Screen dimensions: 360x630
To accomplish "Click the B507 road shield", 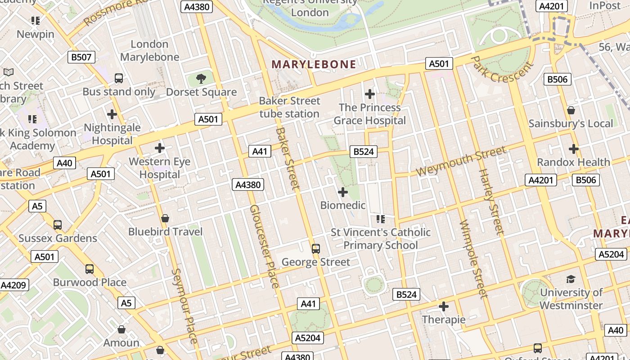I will (x=81, y=57).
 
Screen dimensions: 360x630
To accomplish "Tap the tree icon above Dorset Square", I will (x=201, y=79).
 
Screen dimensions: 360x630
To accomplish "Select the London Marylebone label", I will (x=149, y=50).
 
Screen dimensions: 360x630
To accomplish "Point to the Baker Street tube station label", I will (x=289, y=107).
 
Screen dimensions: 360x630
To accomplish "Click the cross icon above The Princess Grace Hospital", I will (x=370, y=94).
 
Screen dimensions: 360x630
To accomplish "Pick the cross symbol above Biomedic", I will (x=343, y=192).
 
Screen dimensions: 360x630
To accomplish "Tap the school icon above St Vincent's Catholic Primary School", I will (x=381, y=219).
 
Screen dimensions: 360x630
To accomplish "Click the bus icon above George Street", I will (x=316, y=248).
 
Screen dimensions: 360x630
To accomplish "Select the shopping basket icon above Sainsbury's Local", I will (x=571, y=110).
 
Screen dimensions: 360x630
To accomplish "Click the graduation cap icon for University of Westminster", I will (x=571, y=279).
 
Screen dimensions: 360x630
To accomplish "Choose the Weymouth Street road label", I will (x=461, y=161).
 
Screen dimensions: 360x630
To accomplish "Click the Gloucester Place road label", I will (x=264, y=246).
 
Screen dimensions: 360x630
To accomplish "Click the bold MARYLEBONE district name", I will (x=314, y=64).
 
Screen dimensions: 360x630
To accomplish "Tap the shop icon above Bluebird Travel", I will (x=165, y=218).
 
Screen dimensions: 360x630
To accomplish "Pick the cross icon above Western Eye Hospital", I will (x=160, y=148).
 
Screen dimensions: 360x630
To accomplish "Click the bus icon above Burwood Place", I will (x=90, y=269).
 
